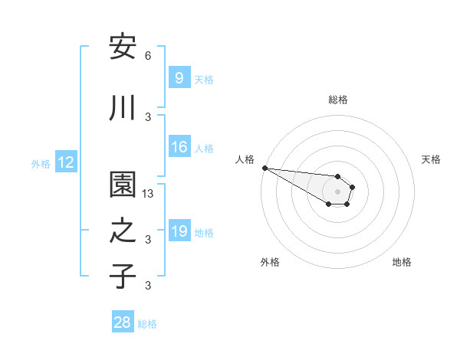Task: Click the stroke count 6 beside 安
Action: tap(148, 56)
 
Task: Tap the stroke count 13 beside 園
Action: tap(149, 194)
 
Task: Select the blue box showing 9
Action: tap(179, 77)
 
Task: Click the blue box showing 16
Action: tap(179, 147)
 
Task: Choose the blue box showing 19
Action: tap(179, 231)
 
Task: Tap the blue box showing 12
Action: tap(66, 162)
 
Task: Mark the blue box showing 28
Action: tap(123, 322)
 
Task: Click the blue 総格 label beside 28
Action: tap(147, 324)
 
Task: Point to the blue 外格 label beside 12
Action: tap(41, 163)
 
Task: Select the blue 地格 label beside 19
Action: tap(204, 232)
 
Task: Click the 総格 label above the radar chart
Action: tap(337, 100)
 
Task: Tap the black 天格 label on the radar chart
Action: tap(431, 159)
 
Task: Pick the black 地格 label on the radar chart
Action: tap(402, 262)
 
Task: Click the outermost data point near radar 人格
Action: tap(264, 168)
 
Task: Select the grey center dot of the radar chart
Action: tap(337, 191)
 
